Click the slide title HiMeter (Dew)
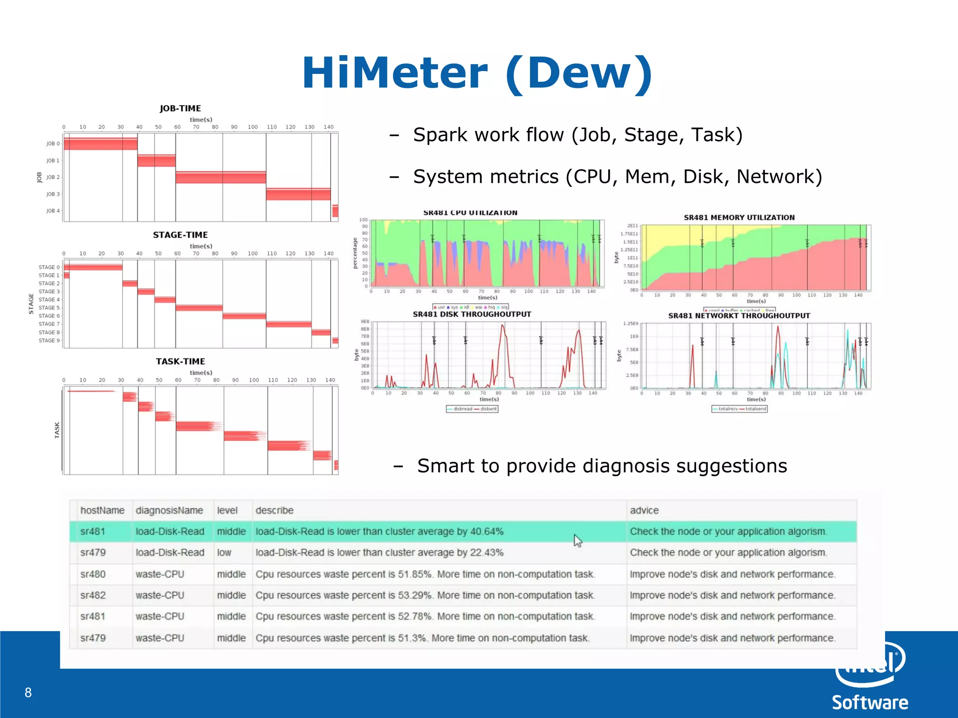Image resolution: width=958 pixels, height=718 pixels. point(477,73)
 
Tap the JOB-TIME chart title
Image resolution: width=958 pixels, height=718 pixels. point(180,108)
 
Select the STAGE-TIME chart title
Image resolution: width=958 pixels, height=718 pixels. point(180,235)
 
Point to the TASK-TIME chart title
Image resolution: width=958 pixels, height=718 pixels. point(180,361)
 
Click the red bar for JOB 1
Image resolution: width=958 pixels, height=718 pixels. point(156,161)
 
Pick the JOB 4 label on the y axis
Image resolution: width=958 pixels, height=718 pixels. point(53,211)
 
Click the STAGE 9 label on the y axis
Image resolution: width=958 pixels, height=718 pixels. point(49,340)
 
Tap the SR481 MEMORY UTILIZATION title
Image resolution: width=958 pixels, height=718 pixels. point(739,217)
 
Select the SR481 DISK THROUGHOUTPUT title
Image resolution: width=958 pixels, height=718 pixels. point(472,314)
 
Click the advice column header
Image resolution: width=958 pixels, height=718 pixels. point(644,510)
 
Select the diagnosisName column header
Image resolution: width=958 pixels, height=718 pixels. point(169,510)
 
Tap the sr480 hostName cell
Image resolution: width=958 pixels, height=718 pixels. point(93,574)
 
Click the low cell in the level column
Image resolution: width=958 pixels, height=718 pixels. point(224,553)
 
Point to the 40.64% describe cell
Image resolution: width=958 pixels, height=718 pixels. point(379,531)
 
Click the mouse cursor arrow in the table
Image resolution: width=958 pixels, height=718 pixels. point(578,540)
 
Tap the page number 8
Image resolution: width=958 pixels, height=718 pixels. point(28,692)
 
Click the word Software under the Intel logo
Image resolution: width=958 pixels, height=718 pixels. point(870,703)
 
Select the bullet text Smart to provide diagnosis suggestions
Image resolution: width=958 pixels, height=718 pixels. point(602,466)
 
